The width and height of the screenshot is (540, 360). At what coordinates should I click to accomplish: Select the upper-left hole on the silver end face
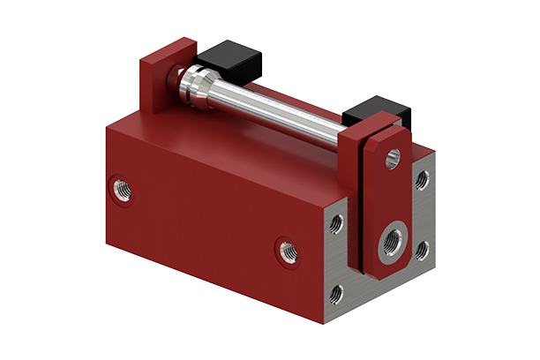(336, 224)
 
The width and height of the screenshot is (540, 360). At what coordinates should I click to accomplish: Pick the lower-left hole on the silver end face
(336, 291)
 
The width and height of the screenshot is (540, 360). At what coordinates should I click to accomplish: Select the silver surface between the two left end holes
(335, 258)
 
